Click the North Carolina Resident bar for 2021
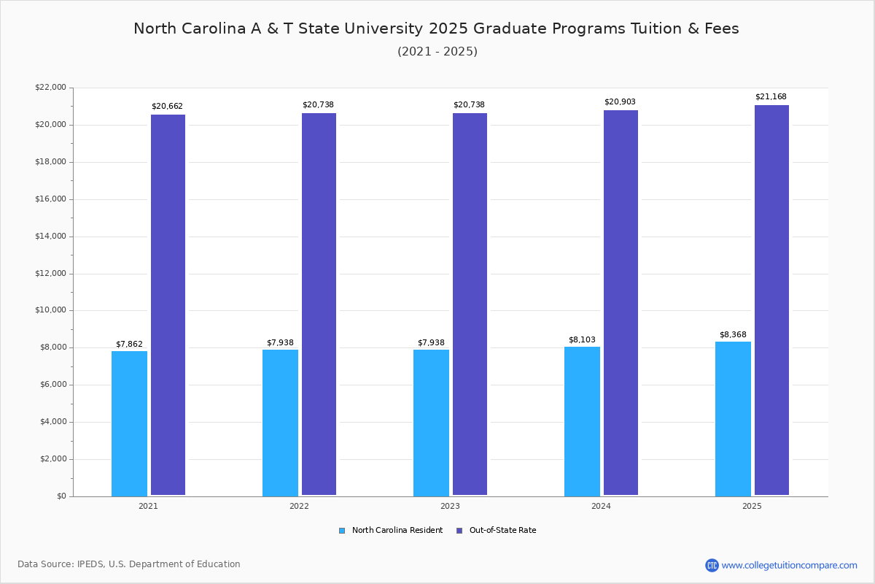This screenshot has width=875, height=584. [x=129, y=423]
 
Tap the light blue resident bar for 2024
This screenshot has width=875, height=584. [x=582, y=421]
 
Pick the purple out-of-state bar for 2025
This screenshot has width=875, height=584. [x=771, y=300]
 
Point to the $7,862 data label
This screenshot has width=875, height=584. [x=129, y=344]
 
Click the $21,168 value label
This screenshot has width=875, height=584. [x=771, y=96]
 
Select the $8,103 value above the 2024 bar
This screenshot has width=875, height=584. [x=582, y=339]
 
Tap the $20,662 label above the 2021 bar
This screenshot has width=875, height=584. [x=167, y=106]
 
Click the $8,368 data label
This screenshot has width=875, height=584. [x=733, y=334]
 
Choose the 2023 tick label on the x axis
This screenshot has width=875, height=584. [x=450, y=506]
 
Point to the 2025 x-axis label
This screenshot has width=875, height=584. [x=752, y=506]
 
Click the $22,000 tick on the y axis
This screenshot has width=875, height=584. [x=50, y=88]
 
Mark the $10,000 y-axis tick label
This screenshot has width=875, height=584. [x=50, y=310]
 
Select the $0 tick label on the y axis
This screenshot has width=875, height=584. [x=61, y=496]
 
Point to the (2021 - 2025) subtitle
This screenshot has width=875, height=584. [x=437, y=52]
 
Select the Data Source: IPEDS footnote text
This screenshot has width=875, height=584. [x=129, y=564]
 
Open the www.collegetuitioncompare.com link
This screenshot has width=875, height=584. [x=789, y=565]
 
